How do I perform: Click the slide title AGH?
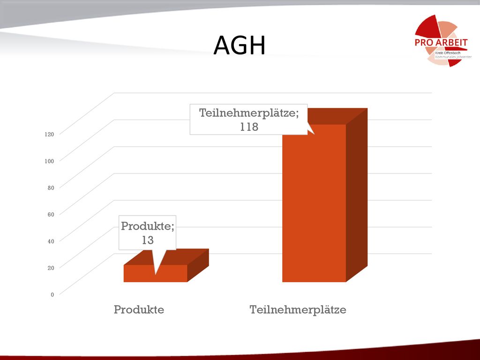pos(240,45)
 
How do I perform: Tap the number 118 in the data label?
pos(249,127)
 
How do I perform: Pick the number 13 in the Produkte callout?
pos(148,240)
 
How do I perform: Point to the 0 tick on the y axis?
pos(52,294)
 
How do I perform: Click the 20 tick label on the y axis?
pos(51,268)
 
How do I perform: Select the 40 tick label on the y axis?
pos(51,241)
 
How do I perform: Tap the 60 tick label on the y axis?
pos(51,214)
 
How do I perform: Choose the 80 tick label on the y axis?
pos(51,187)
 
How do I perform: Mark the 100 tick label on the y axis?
pos(49,161)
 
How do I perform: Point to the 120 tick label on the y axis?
pos(49,134)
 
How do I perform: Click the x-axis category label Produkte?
pos(139,309)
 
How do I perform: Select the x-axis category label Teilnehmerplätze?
pos(298,310)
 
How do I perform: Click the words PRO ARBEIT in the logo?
pos(441,43)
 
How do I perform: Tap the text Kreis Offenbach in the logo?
pos(448,53)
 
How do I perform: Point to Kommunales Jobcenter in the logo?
pos(453,57)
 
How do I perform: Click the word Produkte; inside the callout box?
pos(148,226)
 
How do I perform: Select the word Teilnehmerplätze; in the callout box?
pos(249,113)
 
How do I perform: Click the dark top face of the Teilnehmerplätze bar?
pos(337,116)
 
